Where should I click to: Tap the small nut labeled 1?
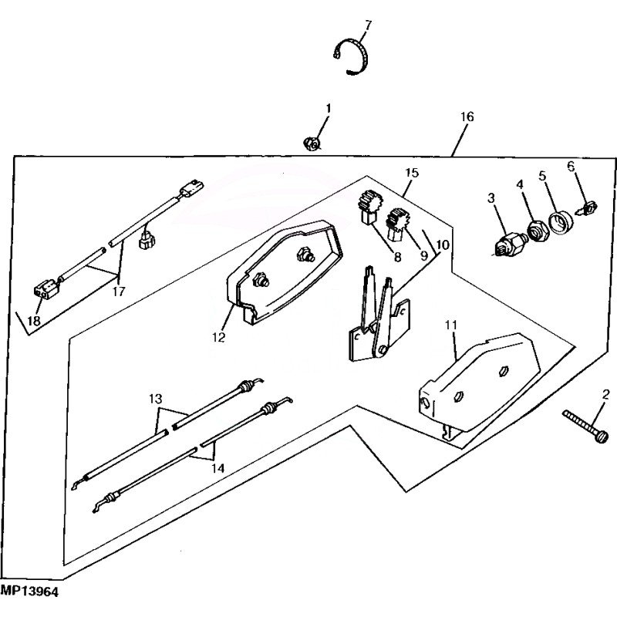tap(312, 143)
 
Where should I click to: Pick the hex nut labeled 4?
tap(536, 231)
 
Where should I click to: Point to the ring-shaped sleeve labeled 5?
tap(561, 224)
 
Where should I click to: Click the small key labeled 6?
tap(588, 207)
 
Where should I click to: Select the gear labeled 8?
tap(369, 207)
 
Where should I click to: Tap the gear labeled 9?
tap(396, 224)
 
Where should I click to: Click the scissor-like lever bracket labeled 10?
tap(379, 315)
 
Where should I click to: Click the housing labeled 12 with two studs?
tap(282, 272)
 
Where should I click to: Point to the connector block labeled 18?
tap(46, 288)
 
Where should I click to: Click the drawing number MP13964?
tap(29, 592)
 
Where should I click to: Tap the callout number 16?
tap(467, 117)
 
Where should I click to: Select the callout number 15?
tap(412, 173)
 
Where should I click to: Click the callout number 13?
tap(156, 399)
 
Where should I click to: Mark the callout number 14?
tap(217, 468)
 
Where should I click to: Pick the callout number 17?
tap(119, 292)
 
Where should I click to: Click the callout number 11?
tap(451, 325)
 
